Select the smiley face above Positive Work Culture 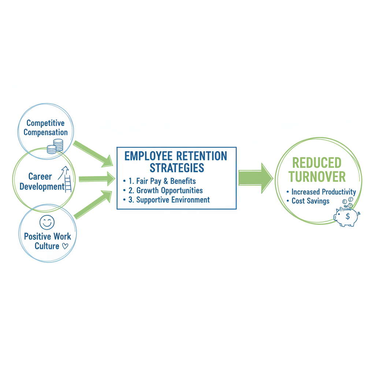(47, 222)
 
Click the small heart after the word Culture (65, 246)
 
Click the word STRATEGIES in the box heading (177, 168)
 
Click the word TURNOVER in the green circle (316, 177)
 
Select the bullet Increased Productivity (323, 192)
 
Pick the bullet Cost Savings (310, 201)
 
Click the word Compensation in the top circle (45, 132)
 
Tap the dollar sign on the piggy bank (348, 217)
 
